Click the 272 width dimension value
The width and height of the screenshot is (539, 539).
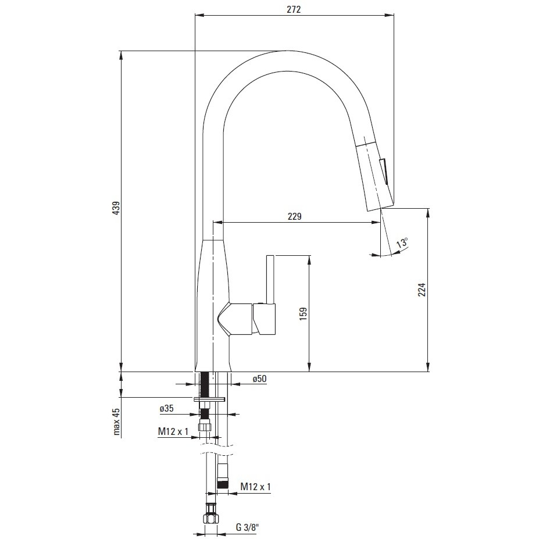294,9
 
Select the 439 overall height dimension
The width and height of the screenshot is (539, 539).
116,208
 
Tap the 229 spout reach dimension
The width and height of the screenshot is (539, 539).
295,216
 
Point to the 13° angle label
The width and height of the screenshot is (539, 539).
402,242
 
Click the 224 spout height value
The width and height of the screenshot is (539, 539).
422,290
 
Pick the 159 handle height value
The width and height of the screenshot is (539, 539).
303,314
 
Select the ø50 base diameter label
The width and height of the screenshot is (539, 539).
259,379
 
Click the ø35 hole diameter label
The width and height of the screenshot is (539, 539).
166,408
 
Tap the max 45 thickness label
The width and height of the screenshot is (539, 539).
116,422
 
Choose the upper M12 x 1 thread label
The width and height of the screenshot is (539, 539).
173,431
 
